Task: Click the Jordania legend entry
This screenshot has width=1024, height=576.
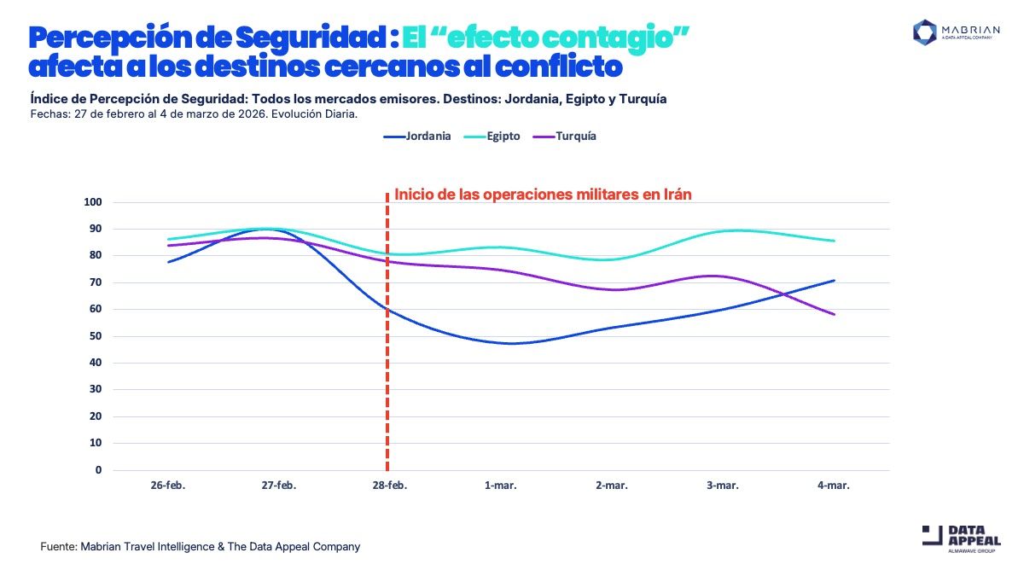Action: [x=417, y=137]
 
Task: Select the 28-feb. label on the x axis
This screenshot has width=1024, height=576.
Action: [x=390, y=486]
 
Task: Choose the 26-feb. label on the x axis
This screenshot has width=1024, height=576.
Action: [x=168, y=486]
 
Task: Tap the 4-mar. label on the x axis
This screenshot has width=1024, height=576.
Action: [x=833, y=486]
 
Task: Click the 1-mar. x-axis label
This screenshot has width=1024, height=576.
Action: [x=500, y=486]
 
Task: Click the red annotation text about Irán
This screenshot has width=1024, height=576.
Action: [x=543, y=195]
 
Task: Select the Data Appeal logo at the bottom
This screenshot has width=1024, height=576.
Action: [x=961, y=539]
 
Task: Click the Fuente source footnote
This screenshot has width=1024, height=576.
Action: [x=201, y=546]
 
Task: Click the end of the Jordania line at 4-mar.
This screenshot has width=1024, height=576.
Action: [x=834, y=281]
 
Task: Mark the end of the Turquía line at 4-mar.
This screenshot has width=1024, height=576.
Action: [x=834, y=315]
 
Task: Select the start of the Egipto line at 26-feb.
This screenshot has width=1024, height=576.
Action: [x=169, y=240]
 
